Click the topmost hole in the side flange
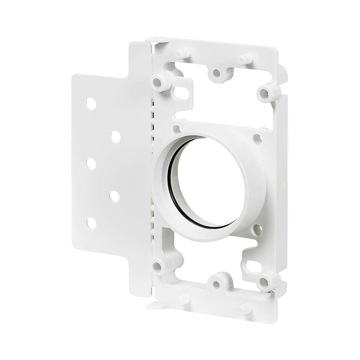pyautogui.click(x=91, y=104)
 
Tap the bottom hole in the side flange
pyautogui.click(x=91, y=223)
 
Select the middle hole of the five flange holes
pyautogui.click(x=91, y=164)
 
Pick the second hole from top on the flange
pyautogui.click(x=115, y=136)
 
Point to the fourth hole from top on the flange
pyautogui.click(x=115, y=196)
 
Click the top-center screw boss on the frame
pyautogui.click(x=216, y=73)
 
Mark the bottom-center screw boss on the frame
pyautogui.click(x=216, y=284)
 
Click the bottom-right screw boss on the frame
pyautogui.click(x=266, y=280)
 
